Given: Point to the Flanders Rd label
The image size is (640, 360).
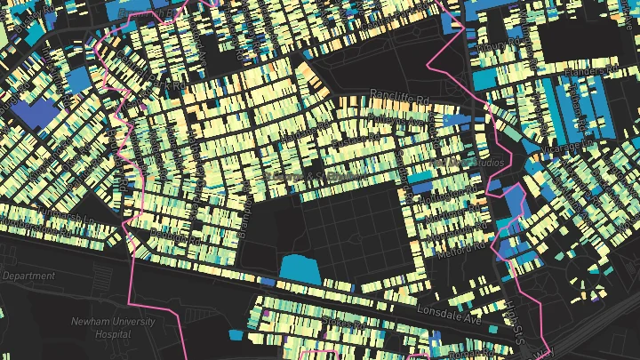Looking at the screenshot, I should pos(595,69).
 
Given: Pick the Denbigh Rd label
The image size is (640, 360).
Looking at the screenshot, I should pos(240,214).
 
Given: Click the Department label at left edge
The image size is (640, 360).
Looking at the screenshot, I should pos(28,276).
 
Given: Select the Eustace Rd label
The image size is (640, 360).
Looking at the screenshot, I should pos(351,142).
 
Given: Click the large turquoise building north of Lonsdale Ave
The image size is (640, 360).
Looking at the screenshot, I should pos(300,268).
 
